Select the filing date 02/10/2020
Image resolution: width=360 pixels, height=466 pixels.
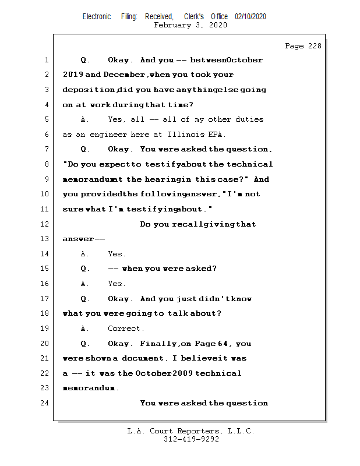coord(250,16)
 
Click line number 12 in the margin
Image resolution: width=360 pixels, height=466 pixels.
coord(46,224)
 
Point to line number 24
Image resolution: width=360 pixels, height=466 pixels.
coord(46,403)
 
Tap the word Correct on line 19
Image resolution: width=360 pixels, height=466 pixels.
coord(125,328)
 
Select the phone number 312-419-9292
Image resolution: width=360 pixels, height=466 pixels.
coord(191,439)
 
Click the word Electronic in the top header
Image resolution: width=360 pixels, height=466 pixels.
coord(97,16)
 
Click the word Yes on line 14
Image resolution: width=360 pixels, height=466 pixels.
coord(116,253)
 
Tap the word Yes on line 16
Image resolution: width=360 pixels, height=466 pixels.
coord(116,283)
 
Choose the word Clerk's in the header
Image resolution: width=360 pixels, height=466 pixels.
coord(194,16)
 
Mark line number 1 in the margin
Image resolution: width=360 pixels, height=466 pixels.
coord(46,59)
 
